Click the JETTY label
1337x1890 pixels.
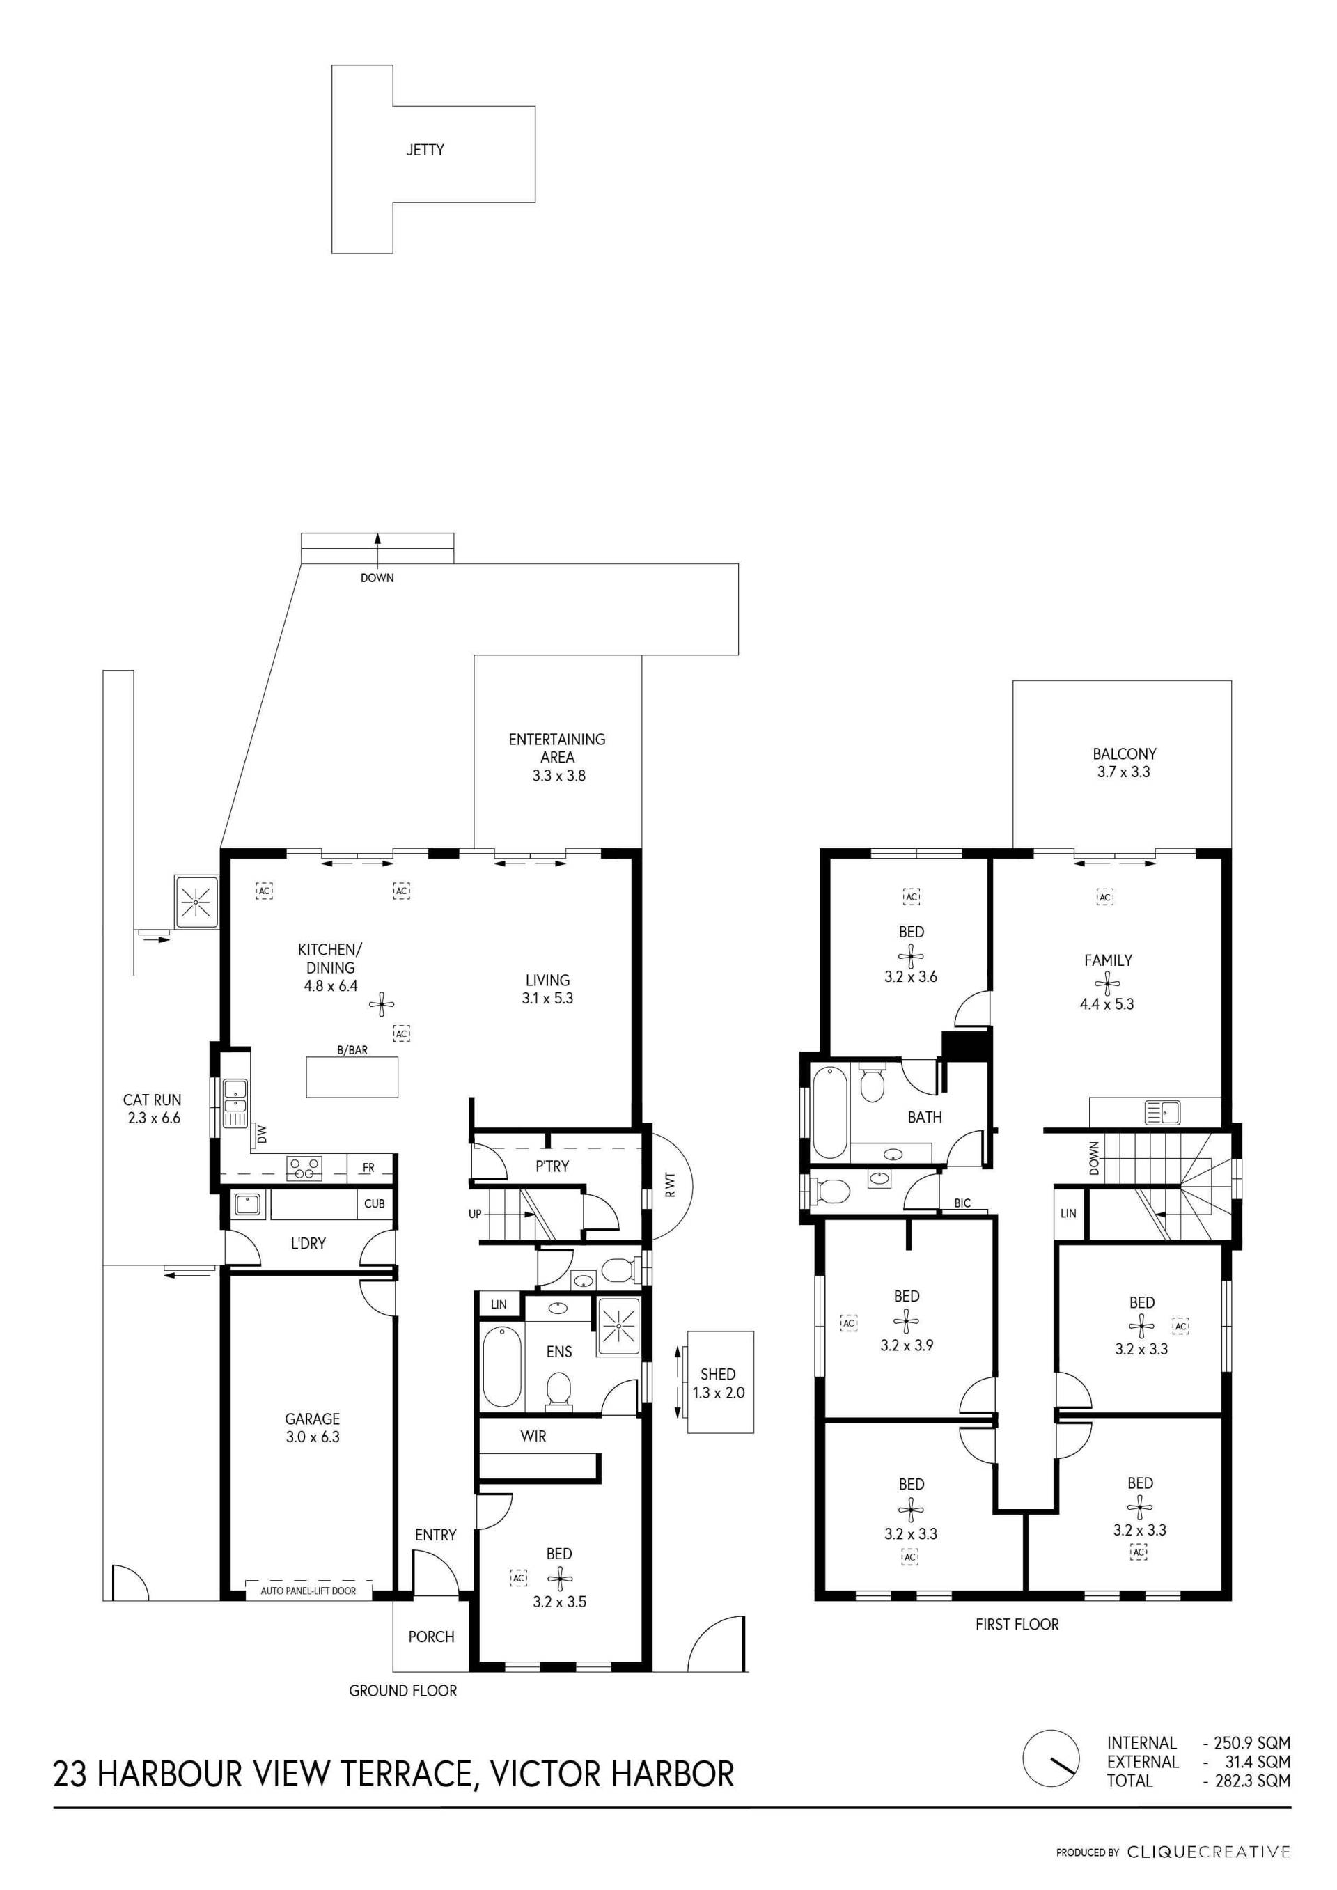point(425,150)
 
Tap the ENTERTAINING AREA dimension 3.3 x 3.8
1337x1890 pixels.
point(558,775)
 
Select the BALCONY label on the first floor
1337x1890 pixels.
point(1124,754)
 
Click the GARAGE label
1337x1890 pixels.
point(312,1419)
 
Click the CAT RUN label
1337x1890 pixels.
point(153,1100)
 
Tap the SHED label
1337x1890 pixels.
point(718,1374)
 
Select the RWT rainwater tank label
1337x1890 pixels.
point(669,1185)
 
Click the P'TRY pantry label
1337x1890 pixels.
point(552,1166)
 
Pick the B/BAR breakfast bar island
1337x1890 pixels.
point(352,1077)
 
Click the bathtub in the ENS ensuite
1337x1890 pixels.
point(502,1366)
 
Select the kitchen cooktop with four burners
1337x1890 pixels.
point(304,1167)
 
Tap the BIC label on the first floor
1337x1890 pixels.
point(962,1203)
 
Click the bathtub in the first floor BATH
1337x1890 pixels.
point(830,1113)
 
